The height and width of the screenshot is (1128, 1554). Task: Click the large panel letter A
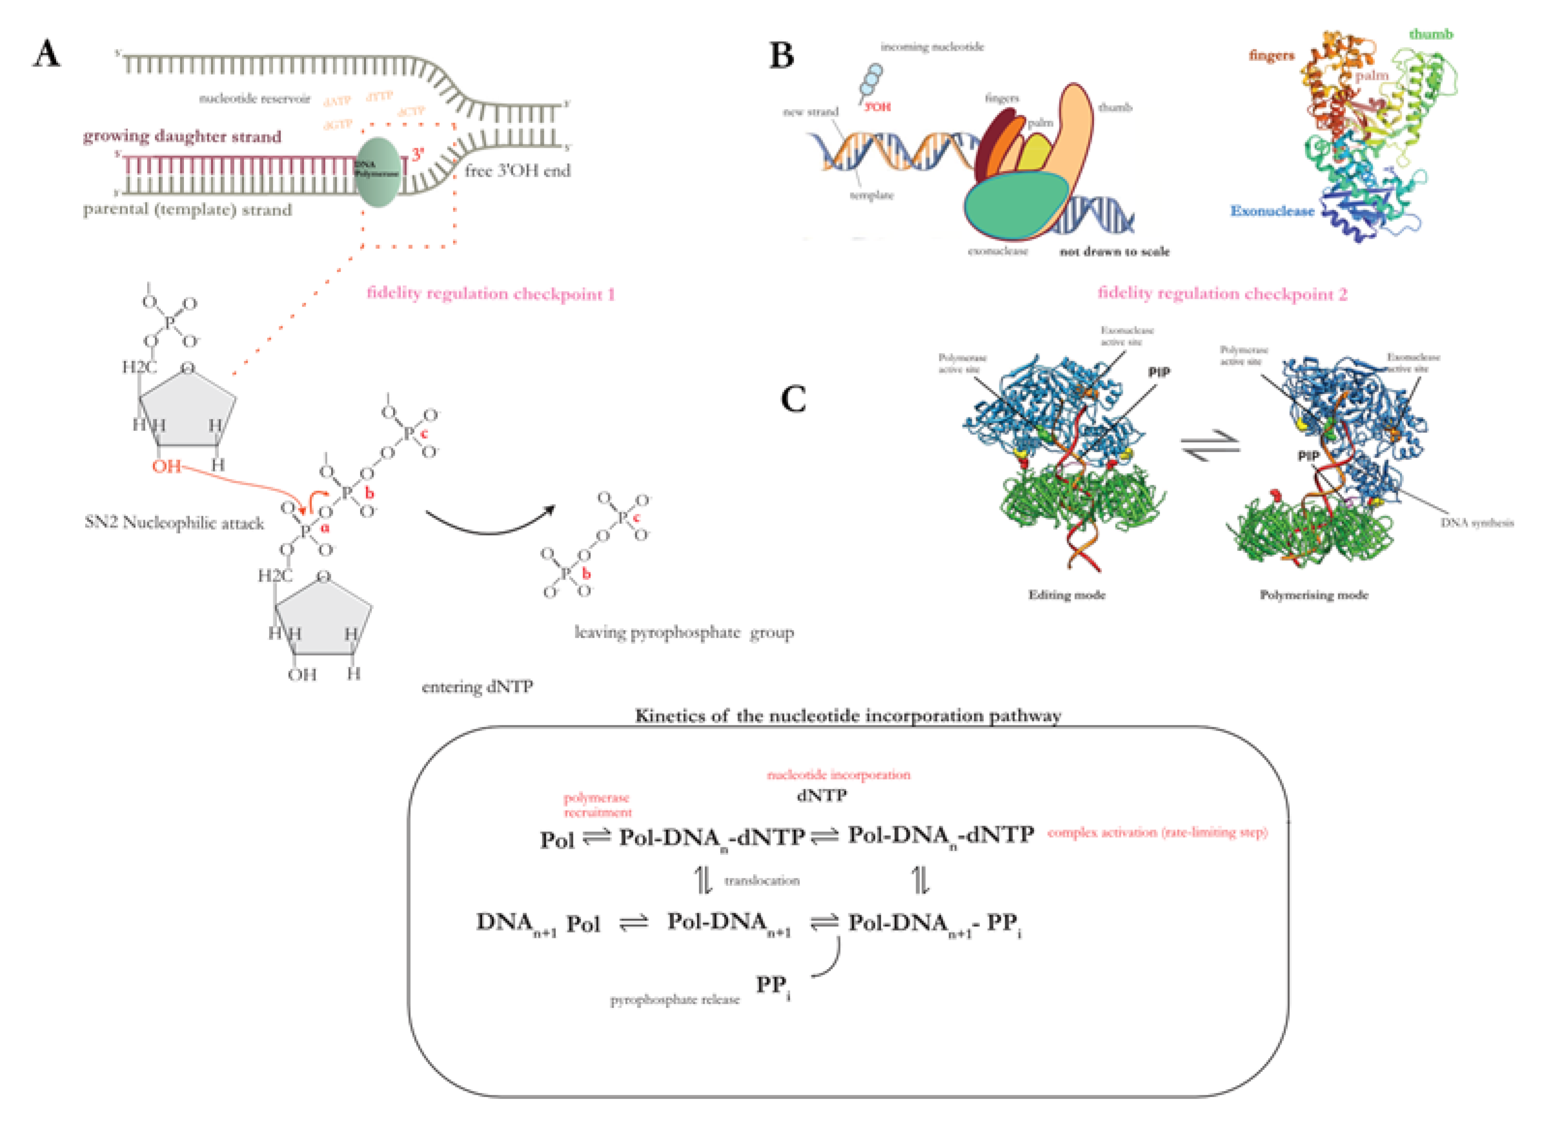pyautogui.click(x=46, y=53)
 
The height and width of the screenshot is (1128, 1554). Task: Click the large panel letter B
pyautogui.click(x=781, y=55)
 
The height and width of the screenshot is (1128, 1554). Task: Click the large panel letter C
pyautogui.click(x=793, y=399)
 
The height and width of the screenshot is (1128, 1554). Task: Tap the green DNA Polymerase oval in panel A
pyautogui.click(x=377, y=172)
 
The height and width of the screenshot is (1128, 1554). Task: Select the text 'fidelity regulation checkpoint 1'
pyautogui.click(x=491, y=294)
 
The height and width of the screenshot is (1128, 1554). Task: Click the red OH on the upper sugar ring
pyautogui.click(x=166, y=467)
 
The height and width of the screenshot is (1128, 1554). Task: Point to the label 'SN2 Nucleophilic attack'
pyautogui.click(x=174, y=523)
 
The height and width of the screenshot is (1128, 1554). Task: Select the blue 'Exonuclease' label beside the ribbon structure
pyautogui.click(x=1272, y=211)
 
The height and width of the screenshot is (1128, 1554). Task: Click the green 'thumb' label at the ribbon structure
pyautogui.click(x=1431, y=34)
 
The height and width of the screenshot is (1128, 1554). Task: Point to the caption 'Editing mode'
pyautogui.click(x=1066, y=595)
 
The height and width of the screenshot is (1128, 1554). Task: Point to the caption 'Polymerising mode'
pyautogui.click(x=1313, y=595)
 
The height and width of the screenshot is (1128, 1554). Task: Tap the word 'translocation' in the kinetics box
pyautogui.click(x=761, y=881)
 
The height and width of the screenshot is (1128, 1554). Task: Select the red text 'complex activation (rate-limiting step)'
pyautogui.click(x=1157, y=833)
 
